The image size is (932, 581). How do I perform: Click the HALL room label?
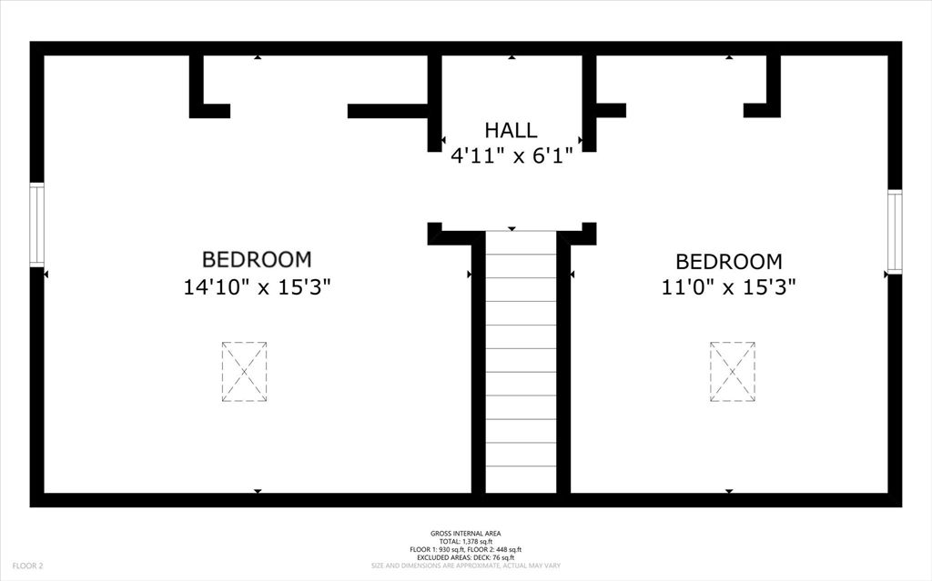pyautogui.click(x=511, y=130)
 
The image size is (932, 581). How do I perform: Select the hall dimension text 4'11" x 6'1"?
pyautogui.click(x=511, y=155)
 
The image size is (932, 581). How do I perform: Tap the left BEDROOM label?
pyautogui.click(x=257, y=260)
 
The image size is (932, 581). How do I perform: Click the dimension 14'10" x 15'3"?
pyautogui.click(x=257, y=287)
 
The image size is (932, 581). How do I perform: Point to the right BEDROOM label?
pyautogui.click(x=729, y=262)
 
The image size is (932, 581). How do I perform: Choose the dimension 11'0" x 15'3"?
pyautogui.click(x=729, y=287)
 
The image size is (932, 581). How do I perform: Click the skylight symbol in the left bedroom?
pyautogui.click(x=244, y=372)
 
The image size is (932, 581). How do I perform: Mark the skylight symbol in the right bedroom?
pyautogui.click(x=733, y=372)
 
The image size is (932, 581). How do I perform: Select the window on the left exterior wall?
pyautogui.click(x=36, y=225)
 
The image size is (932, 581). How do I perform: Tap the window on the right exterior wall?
pyautogui.click(x=895, y=231)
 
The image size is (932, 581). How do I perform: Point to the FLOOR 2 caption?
pyautogui.click(x=27, y=566)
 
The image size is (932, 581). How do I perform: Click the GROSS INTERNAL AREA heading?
pyautogui.click(x=465, y=534)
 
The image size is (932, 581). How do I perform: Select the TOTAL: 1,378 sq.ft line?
pyautogui.click(x=465, y=542)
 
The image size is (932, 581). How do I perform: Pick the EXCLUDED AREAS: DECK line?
pyautogui.click(x=465, y=557)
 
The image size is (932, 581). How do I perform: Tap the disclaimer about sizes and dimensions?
pyautogui.click(x=465, y=566)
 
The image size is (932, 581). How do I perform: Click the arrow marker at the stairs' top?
pyautogui.click(x=512, y=229)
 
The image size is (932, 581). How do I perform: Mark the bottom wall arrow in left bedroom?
pyautogui.click(x=258, y=491)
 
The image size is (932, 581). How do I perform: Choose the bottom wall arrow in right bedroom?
pyautogui.click(x=729, y=491)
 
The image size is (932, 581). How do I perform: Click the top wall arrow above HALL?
pyautogui.click(x=512, y=57)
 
